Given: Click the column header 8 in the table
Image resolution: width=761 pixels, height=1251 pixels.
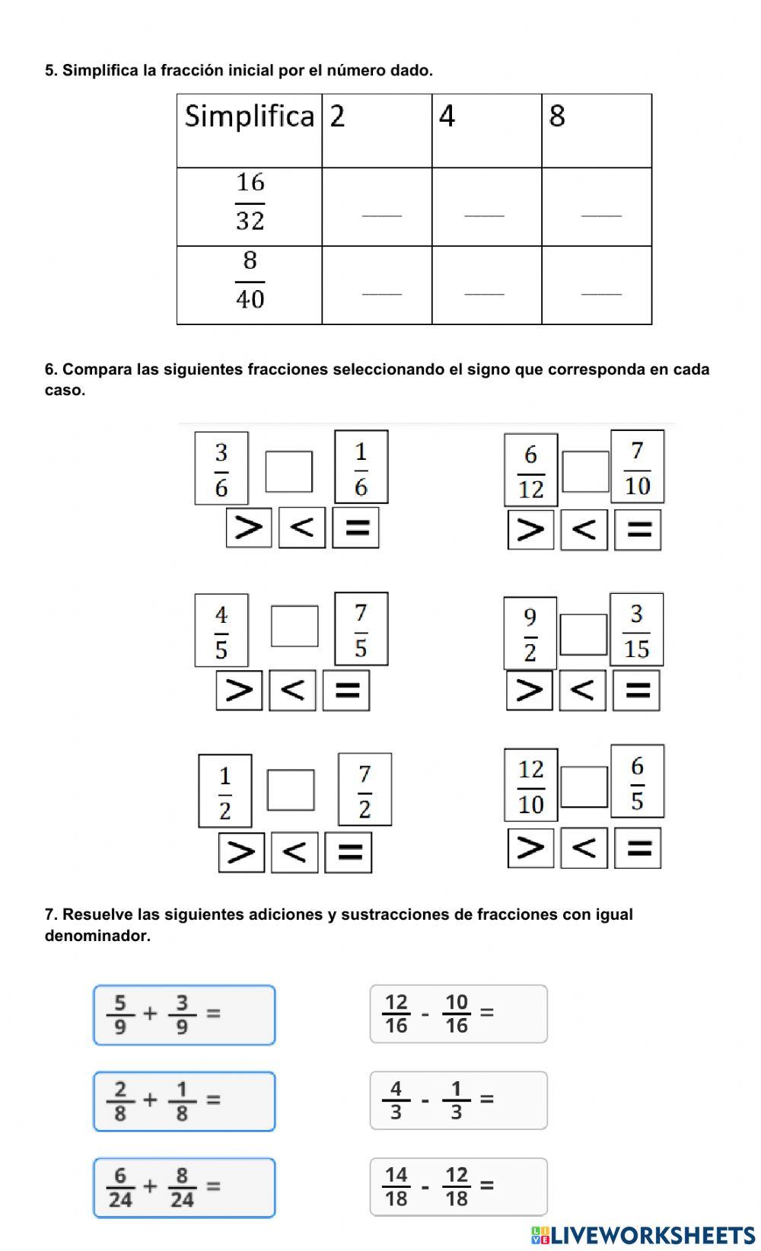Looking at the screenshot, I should tap(596, 130).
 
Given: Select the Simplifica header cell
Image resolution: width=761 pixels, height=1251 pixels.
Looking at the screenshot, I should tap(250, 130).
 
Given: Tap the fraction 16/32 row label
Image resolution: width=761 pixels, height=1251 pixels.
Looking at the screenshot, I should tap(250, 202).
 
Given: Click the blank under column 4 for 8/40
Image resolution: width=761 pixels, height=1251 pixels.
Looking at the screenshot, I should tap(485, 292).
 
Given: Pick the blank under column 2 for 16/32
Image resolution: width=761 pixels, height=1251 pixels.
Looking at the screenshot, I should tap(381, 214).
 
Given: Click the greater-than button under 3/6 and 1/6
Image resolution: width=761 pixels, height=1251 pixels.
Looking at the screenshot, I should tap(249, 527).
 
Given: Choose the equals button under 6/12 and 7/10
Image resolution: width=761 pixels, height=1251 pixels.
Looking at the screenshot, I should tap(638, 530).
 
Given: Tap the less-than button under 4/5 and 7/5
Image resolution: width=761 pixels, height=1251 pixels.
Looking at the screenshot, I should tap(293, 690).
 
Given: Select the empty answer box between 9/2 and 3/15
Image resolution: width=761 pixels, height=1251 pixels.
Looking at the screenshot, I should tap(583, 634).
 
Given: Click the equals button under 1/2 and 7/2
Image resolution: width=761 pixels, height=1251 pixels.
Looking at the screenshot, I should tap(349, 851).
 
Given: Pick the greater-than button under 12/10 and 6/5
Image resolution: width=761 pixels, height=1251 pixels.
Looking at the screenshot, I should tap(530, 847).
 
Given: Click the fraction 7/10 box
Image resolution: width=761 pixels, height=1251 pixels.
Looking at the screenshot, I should tap(637, 467).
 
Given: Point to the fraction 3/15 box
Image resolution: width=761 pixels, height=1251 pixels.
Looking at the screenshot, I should tap(636, 630).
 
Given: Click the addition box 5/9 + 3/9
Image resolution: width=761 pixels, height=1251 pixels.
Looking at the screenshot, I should tap(184, 1014).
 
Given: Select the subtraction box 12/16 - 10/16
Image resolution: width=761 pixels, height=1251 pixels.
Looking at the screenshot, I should tap(458, 1013).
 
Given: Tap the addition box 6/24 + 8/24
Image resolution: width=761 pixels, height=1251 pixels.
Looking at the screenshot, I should tap(184, 1187).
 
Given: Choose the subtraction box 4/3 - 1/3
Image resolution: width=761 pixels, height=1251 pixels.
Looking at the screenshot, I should tap(458, 1100).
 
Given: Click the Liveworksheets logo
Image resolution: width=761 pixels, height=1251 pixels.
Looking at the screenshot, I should tap(643, 1235).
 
